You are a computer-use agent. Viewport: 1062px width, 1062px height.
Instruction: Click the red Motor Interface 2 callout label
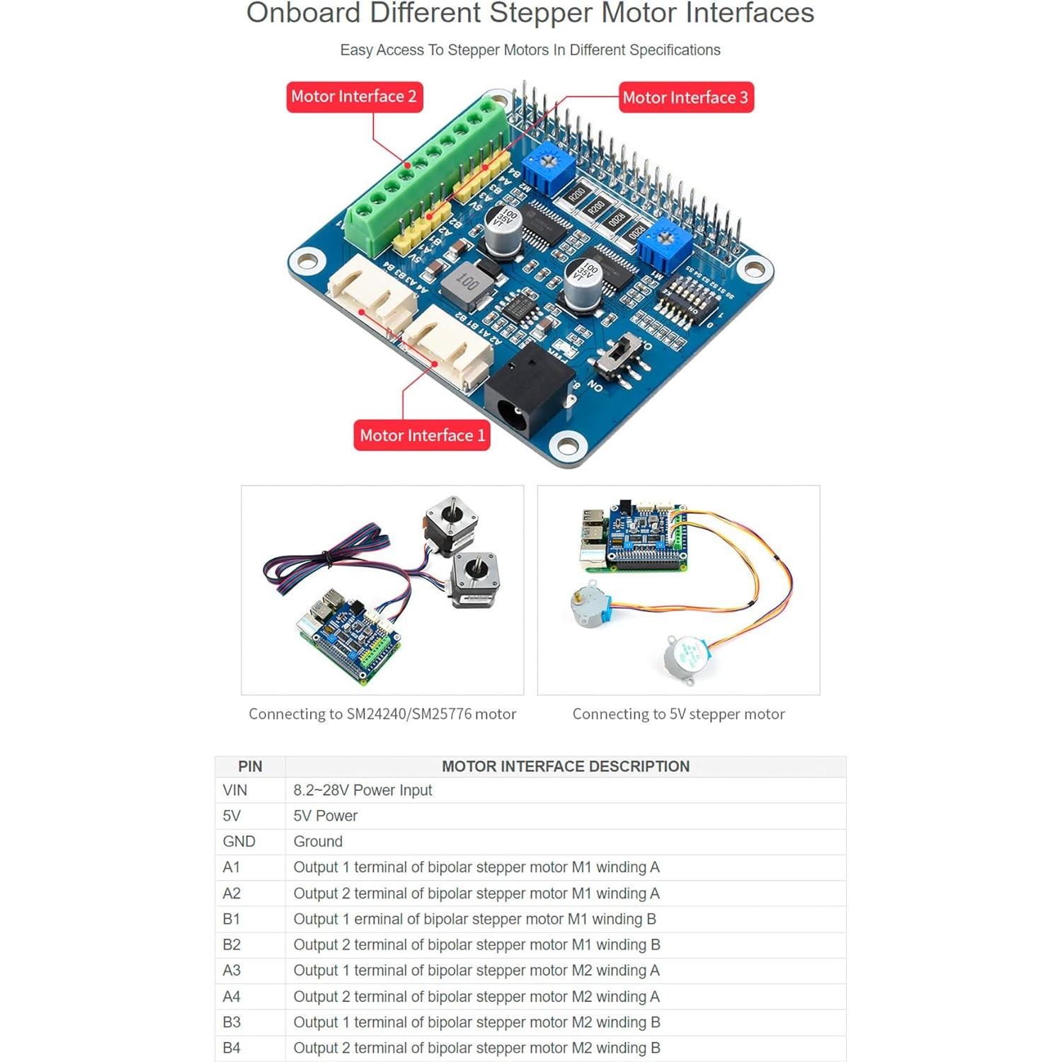[354, 97]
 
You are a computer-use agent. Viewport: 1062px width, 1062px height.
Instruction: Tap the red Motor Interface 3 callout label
[685, 98]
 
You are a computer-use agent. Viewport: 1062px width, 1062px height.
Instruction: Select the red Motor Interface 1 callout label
[422, 435]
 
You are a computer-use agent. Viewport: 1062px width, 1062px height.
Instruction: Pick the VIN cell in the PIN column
[235, 790]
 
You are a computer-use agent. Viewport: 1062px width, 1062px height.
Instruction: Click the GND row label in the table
[239, 842]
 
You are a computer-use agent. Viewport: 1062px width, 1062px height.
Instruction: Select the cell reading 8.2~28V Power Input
[362, 790]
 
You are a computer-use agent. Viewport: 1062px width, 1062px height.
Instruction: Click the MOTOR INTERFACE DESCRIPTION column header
[565, 767]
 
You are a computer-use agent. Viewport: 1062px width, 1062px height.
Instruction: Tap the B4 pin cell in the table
[232, 1048]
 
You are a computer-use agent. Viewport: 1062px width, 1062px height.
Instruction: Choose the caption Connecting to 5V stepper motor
[678, 714]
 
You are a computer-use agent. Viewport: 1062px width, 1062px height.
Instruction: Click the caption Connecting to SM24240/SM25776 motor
[382, 714]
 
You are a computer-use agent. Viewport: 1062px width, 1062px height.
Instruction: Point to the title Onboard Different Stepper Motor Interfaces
[530, 13]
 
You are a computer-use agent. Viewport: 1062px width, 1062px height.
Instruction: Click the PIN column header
[250, 767]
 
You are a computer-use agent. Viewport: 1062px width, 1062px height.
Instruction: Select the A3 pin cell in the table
[232, 971]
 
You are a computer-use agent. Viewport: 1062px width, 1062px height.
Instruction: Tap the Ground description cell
[318, 842]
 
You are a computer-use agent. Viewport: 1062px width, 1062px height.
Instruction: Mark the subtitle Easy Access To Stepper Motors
[530, 50]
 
